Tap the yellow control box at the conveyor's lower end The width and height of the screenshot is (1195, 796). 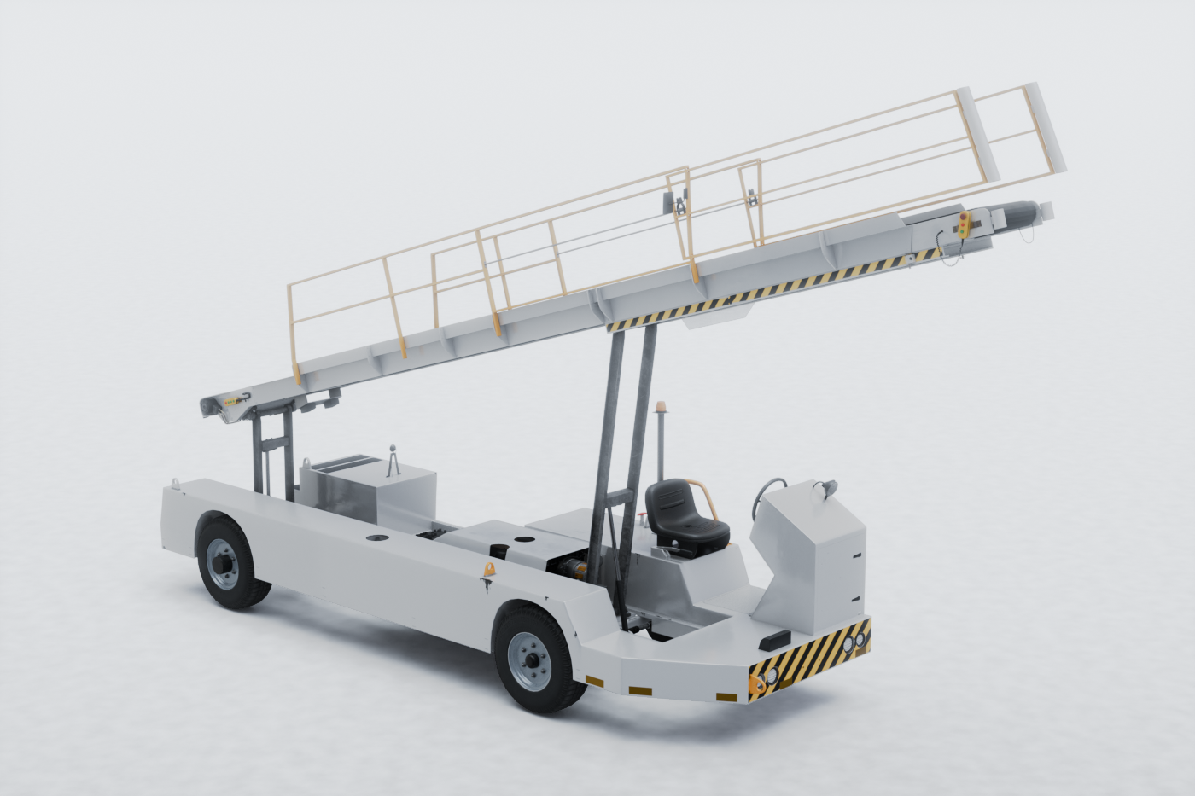[234, 398]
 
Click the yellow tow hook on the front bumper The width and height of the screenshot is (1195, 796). [755, 683]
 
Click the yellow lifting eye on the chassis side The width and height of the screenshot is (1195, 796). [489, 569]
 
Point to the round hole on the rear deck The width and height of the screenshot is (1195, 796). [375, 538]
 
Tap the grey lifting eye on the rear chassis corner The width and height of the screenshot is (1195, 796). [176, 484]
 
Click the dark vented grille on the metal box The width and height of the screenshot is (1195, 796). [345, 465]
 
